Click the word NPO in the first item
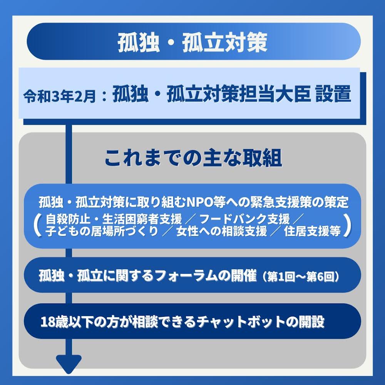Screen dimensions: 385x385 pos(201,202)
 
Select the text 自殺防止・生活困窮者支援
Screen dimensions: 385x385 pos(114,220)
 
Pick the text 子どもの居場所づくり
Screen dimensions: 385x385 pos(102,232)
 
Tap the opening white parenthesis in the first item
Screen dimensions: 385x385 pos(37,226)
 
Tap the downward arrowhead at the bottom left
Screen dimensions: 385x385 pos(69,363)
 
